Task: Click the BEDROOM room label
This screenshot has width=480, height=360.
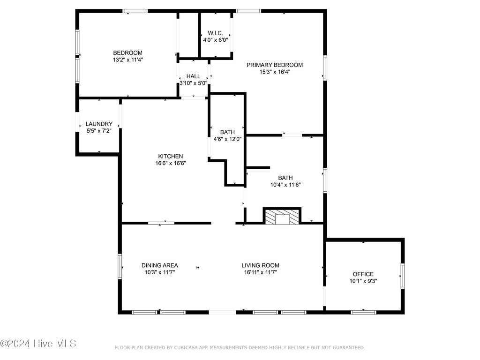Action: click(127, 52)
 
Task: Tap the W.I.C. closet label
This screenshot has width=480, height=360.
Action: click(216, 33)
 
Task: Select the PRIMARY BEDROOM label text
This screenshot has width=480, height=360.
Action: click(275, 65)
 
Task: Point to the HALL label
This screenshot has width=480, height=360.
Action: click(193, 76)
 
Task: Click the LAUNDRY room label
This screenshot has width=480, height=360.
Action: click(99, 124)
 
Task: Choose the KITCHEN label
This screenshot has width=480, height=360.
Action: click(170, 156)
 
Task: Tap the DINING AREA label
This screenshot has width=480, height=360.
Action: click(159, 265)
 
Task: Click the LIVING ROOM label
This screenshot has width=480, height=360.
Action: click(261, 265)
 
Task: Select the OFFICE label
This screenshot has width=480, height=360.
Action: click(363, 274)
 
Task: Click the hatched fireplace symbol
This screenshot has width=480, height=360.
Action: click(282, 216)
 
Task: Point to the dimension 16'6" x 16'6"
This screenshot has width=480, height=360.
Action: click(170, 163)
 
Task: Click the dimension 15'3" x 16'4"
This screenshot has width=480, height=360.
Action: click(275, 72)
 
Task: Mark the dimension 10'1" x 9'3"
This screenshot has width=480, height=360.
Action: click(363, 281)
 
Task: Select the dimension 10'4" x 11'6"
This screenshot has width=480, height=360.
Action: click(285, 185)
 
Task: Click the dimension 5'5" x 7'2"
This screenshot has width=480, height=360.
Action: click(99, 131)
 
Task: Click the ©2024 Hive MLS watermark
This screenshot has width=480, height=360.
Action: click(38, 344)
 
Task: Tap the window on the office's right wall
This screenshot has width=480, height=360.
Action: click(402, 275)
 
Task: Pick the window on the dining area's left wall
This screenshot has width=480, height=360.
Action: click(120, 266)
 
